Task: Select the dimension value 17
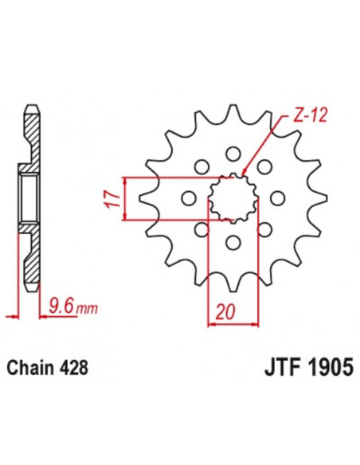point(112,197)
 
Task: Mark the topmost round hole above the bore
point(233,152)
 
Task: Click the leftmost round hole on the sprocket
point(189,197)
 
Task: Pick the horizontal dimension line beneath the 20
point(233,324)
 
